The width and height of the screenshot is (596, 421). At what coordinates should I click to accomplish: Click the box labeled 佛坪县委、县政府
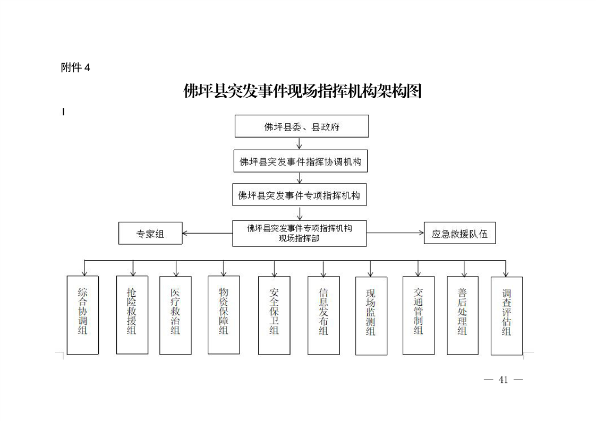point(302,126)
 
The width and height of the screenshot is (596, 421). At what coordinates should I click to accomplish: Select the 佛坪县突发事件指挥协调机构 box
point(301,161)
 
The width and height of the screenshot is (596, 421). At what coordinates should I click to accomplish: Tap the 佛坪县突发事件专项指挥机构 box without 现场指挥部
point(300,195)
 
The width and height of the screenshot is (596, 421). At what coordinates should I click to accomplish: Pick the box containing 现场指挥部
point(300,233)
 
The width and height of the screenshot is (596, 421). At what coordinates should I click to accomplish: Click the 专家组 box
point(150,233)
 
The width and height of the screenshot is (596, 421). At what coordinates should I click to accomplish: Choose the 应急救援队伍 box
point(460,233)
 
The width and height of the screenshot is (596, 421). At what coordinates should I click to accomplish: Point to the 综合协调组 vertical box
point(83,315)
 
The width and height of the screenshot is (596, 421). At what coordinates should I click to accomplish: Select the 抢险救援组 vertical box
point(132,315)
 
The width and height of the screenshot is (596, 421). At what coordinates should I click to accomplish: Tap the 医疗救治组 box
point(176,315)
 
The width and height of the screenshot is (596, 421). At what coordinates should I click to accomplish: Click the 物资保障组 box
point(224,315)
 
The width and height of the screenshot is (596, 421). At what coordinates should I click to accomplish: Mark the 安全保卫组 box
point(275,315)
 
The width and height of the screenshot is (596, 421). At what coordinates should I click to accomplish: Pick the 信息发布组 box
point(324,315)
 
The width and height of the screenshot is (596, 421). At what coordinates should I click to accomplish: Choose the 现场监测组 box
point(371,316)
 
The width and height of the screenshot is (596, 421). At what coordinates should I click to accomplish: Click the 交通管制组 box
point(419,315)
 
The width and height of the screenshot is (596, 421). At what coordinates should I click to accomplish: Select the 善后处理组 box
point(463,315)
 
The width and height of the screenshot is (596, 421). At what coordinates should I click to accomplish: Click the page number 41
point(503,380)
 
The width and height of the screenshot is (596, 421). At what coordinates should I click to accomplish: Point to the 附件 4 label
point(75,67)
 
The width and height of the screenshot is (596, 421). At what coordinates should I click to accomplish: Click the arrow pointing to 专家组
point(208,233)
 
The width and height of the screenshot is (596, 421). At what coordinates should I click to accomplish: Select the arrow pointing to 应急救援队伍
point(395,233)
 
